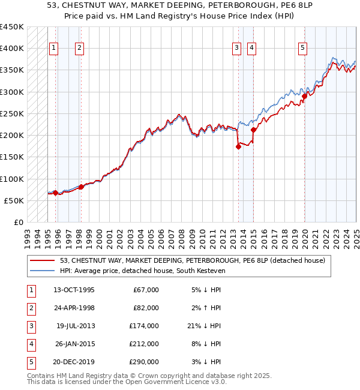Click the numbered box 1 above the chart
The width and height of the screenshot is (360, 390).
(54, 48)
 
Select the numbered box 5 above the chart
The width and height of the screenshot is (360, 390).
(302, 48)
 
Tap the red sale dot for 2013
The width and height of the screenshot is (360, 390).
(238, 146)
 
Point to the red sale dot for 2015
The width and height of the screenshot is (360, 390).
(254, 130)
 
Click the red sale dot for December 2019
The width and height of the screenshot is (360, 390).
(304, 96)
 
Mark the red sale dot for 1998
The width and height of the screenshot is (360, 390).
(81, 187)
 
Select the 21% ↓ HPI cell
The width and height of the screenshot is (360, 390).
(203, 326)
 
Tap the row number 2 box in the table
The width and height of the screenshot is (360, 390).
(29, 308)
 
